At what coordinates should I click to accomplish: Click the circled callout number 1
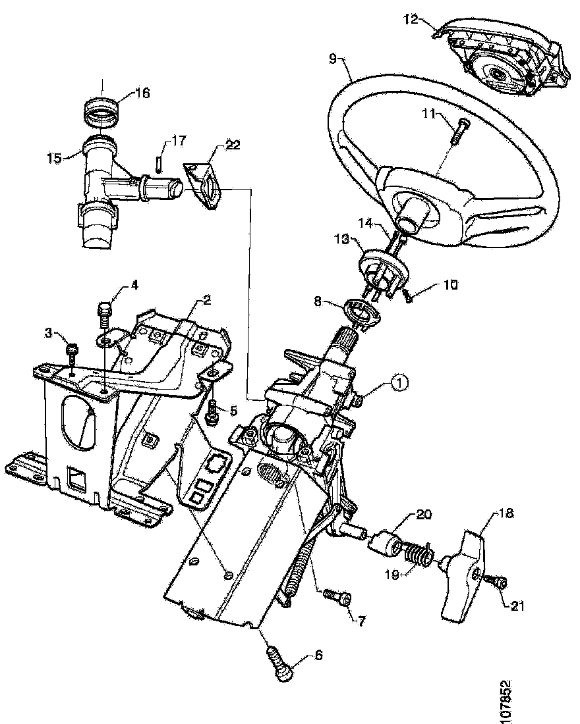(x=401, y=380)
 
